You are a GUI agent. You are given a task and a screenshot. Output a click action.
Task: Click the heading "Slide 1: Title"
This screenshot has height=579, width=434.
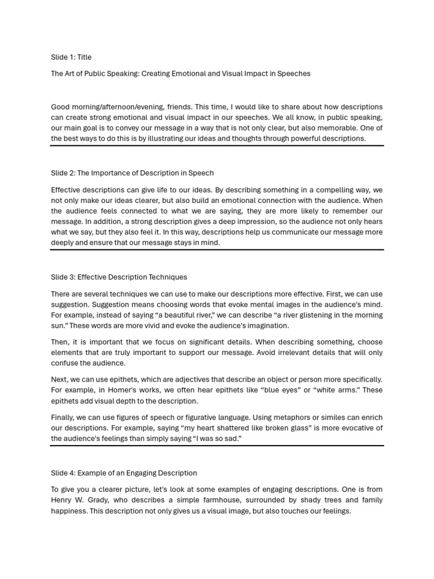[x=71, y=57]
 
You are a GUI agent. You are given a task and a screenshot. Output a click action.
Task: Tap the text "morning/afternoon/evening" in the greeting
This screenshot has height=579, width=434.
[x=118, y=107]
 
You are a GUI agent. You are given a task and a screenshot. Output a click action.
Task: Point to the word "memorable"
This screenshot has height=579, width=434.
[x=335, y=128]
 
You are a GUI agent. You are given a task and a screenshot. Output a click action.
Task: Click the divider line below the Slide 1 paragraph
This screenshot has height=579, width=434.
[x=217, y=146]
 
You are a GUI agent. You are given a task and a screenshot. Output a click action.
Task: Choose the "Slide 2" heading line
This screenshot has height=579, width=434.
[x=132, y=173]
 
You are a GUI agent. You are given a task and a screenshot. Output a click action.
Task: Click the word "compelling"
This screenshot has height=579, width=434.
[x=314, y=190]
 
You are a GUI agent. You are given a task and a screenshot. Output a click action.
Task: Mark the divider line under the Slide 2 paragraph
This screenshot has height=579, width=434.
[x=217, y=249]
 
